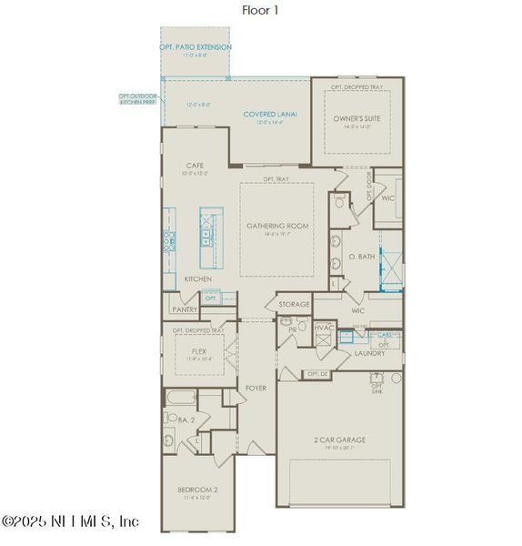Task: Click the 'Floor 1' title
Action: click(260, 10)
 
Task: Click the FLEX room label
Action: click(200, 349)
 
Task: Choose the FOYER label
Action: click(256, 388)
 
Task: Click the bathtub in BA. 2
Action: click(179, 398)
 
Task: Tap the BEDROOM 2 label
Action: click(197, 491)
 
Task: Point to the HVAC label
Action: click(324, 327)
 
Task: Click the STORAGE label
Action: click(295, 304)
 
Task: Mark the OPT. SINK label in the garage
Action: click(376, 387)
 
